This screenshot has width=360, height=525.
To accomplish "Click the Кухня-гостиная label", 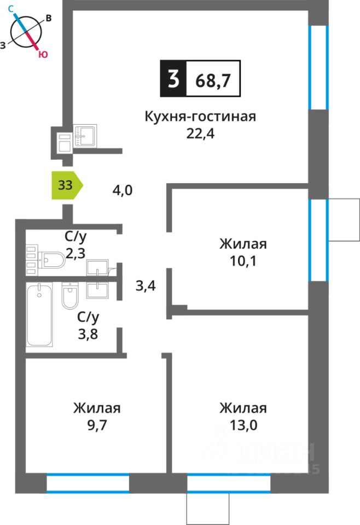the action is pyautogui.click(x=200, y=116).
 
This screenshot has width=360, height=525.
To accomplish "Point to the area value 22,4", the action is pyautogui.click(x=200, y=133).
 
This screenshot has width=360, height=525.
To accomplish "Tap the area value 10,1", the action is pyautogui.click(x=243, y=260).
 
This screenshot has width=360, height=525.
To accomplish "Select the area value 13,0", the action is pyautogui.click(x=243, y=425).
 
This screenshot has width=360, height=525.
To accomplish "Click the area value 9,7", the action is pyautogui.click(x=97, y=425).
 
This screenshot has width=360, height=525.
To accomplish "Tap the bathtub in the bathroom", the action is pyautogui.click(x=40, y=316).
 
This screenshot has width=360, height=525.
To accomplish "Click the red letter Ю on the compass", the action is pyautogui.click(x=42, y=54).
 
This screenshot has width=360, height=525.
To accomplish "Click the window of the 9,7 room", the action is pyautogui.click(x=88, y=484).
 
